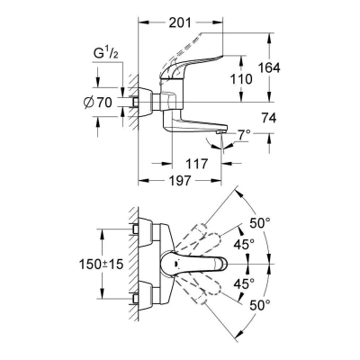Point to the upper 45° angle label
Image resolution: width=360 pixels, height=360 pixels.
[245, 242]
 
